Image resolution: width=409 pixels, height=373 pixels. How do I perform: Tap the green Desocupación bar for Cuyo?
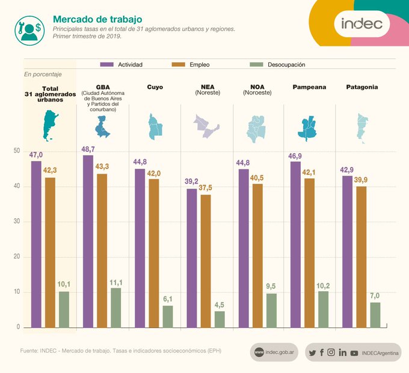(168, 317)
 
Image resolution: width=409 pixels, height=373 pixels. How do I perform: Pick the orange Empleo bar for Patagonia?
(361, 257)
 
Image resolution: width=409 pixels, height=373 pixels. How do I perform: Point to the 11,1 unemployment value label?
(116, 282)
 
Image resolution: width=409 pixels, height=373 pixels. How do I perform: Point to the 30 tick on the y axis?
(17, 222)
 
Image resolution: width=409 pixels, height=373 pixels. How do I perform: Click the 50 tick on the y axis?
(17, 151)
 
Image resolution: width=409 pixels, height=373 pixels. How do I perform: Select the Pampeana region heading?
(309, 87)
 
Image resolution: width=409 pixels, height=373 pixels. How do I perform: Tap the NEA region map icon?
(205, 126)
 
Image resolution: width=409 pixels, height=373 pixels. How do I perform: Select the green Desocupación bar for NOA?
(271, 311)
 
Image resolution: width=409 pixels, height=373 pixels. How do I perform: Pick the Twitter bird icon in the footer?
(312, 353)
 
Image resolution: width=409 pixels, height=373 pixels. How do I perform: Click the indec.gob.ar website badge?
(274, 353)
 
